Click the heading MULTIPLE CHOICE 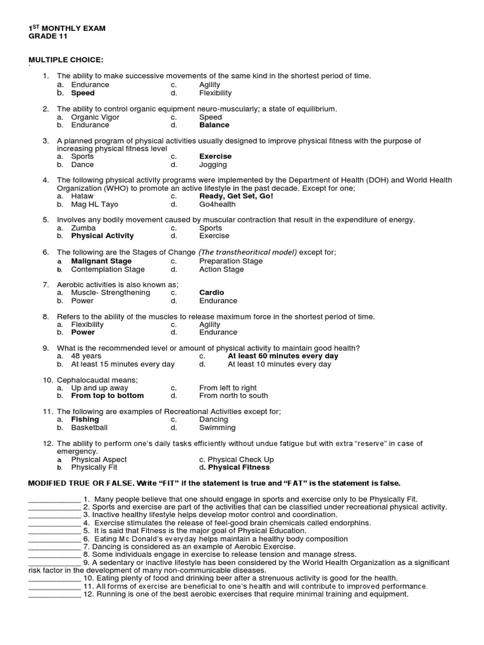click(x=66, y=60)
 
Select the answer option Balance click(x=214, y=125)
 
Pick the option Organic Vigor click(x=95, y=117)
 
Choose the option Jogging click(x=213, y=164)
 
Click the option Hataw click(x=83, y=196)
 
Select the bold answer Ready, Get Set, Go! click(x=236, y=196)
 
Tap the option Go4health click(x=217, y=204)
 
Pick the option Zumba click(x=83, y=228)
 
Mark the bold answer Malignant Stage click(x=101, y=261)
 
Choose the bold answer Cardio click(x=212, y=292)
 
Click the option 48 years click(x=86, y=356)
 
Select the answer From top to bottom click(x=107, y=396)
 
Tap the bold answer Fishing click(x=85, y=420)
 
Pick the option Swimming click(x=217, y=428)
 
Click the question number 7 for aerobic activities click(x=45, y=285)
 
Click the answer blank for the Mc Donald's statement click(x=54, y=539)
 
